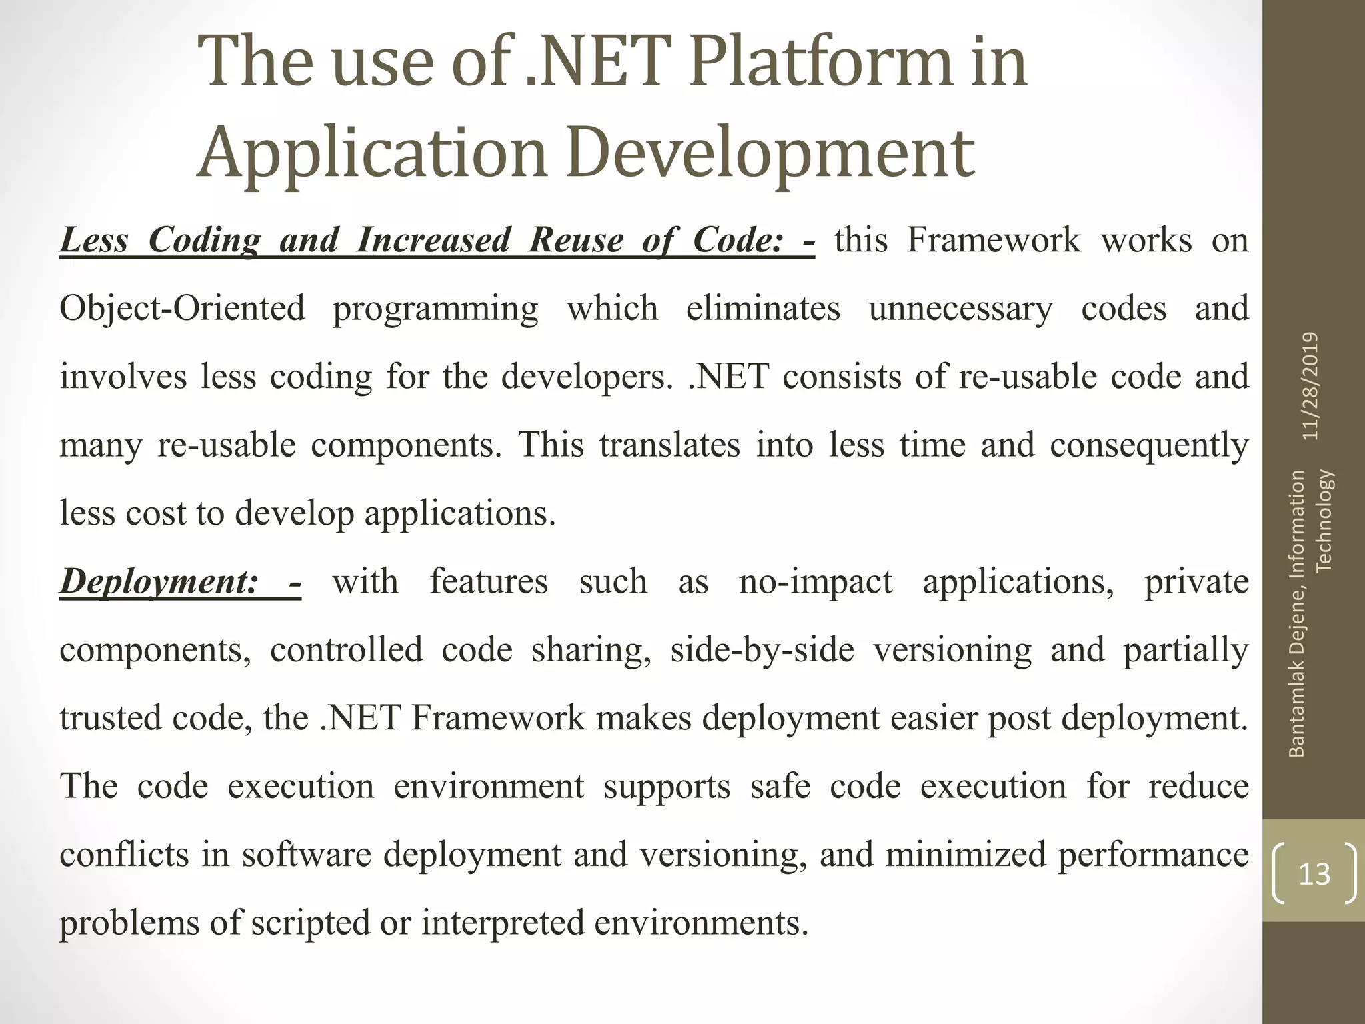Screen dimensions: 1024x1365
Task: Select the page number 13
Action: (x=1314, y=873)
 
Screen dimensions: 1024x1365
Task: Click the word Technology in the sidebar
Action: (x=1324, y=521)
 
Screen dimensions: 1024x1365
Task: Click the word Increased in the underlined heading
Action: (x=433, y=240)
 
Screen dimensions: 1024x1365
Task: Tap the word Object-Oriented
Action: (x=182, y=309)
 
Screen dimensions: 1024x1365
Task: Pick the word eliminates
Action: (x=763, y=309)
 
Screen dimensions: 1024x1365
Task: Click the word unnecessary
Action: (x=960, y=309)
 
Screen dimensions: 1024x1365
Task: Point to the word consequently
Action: (x=1149, y=445)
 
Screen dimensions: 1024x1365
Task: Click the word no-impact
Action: (x=815, y=581)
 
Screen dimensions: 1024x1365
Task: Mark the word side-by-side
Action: (x=762, y=650)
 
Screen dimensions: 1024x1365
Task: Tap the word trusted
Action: (x=110, y=718)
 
